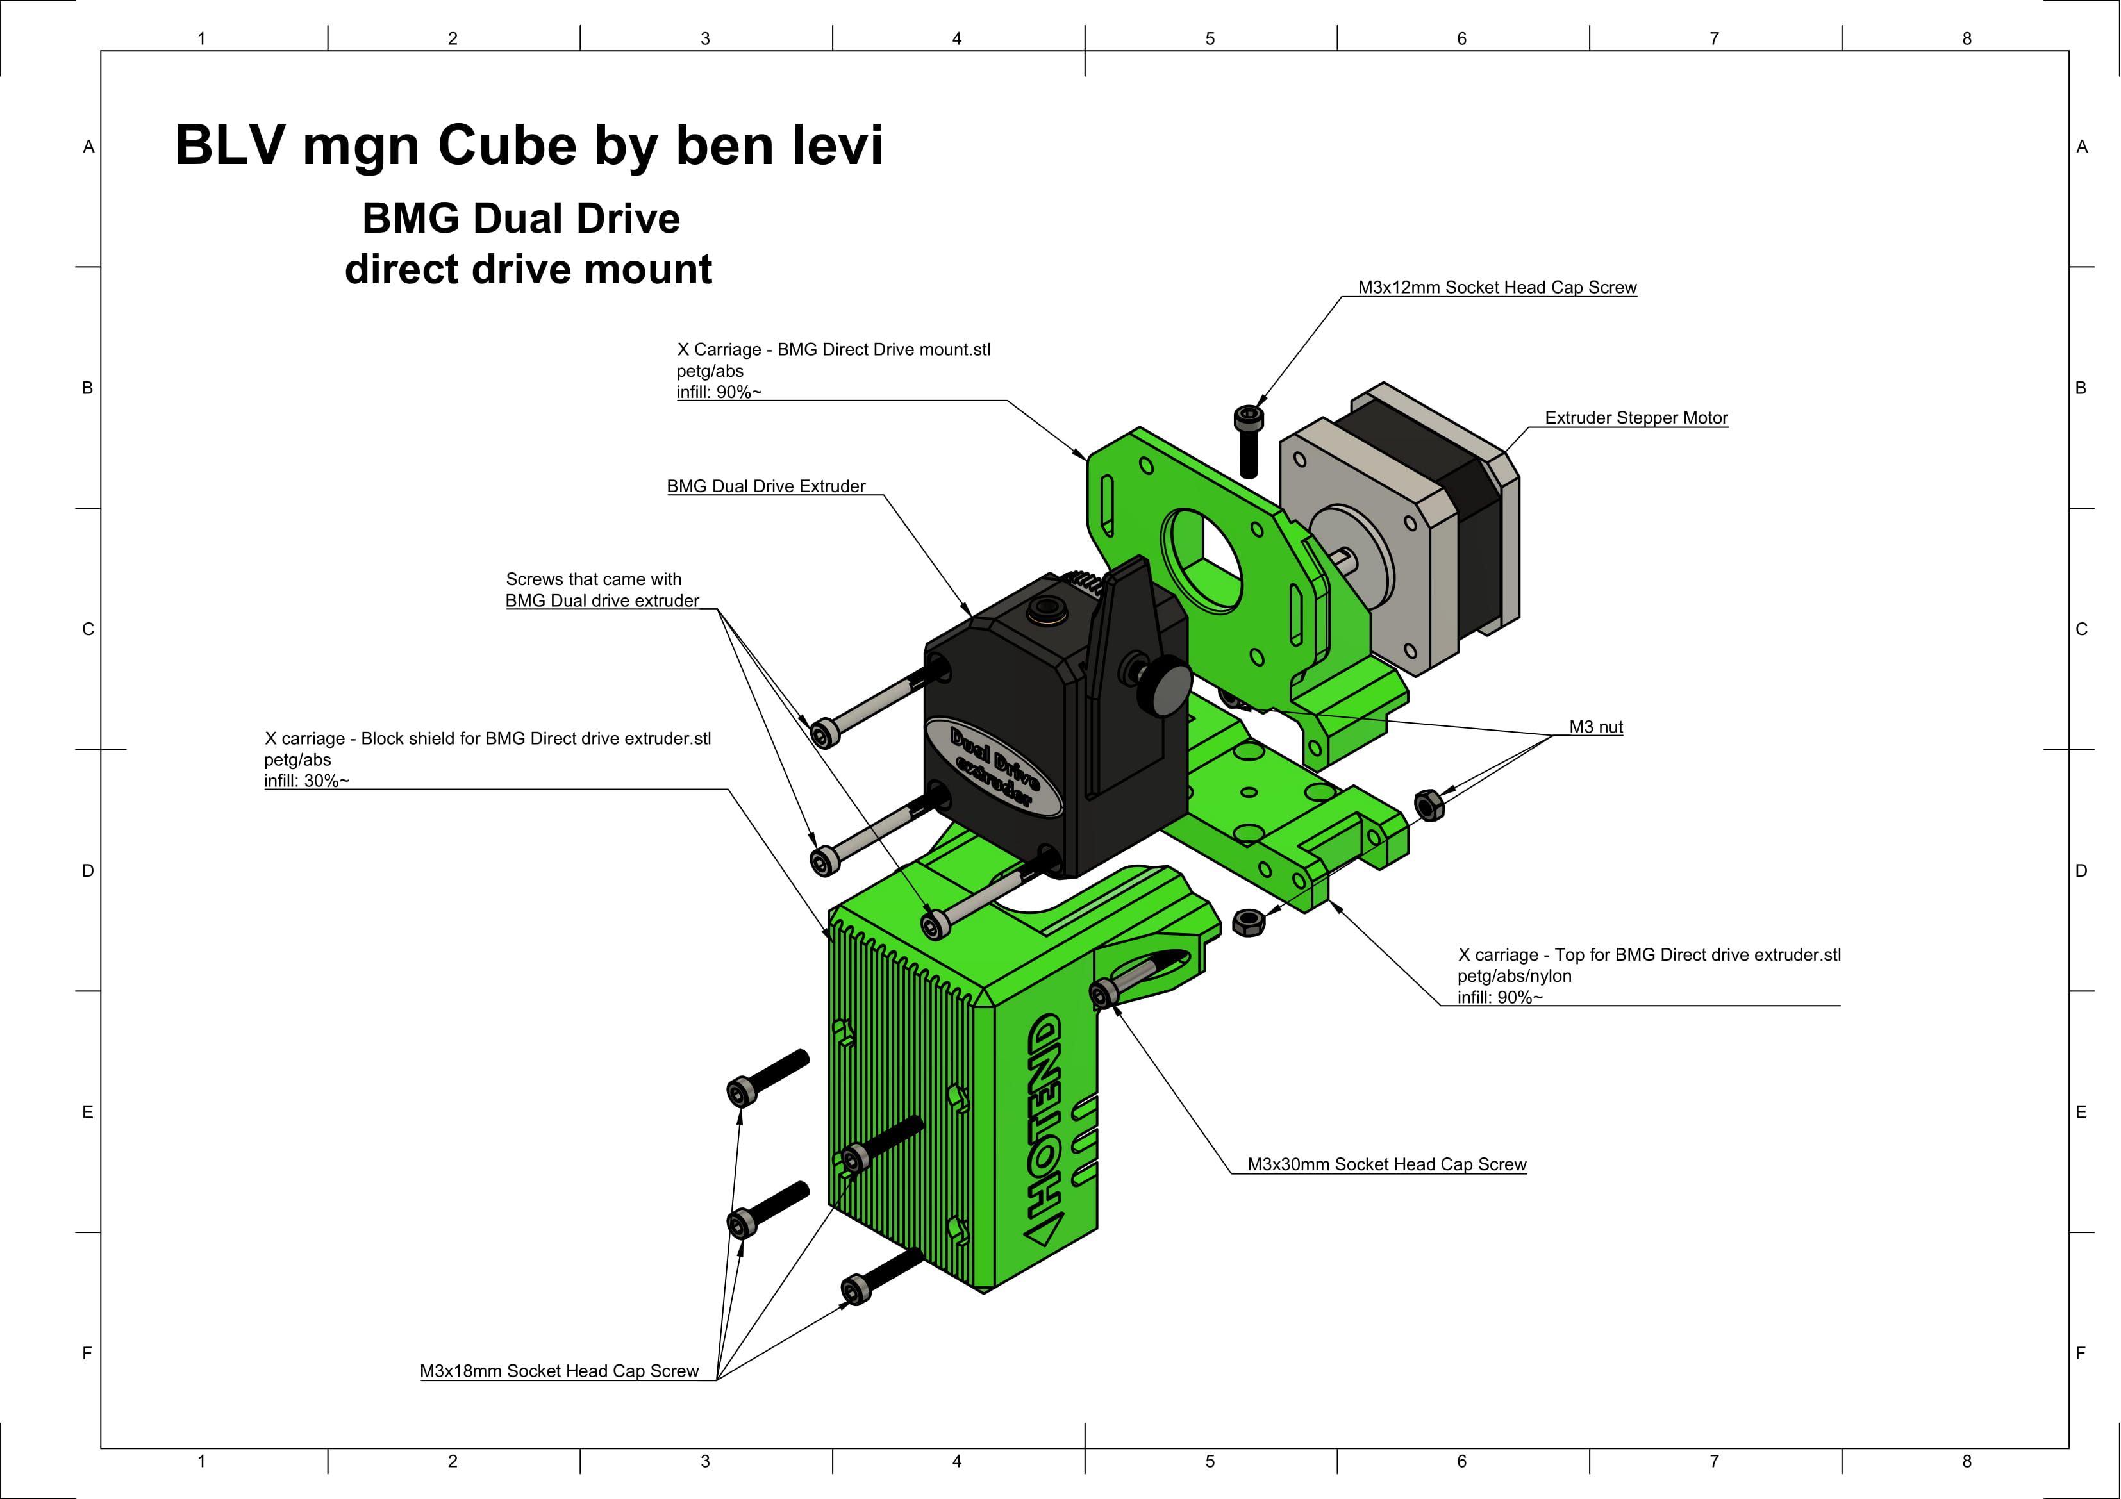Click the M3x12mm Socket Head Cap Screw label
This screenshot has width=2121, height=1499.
pyautogui.click(x=1497, y=287)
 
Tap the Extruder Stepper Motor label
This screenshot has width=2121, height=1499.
pyautogui.click(x=1635, y=417)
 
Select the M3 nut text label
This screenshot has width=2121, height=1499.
pyautogui.click(x=1595, y=727)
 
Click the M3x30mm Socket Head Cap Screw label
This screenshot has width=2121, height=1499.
pyautogui.click(x=1386, y=1164)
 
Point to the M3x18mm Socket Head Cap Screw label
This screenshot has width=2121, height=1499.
pyautogui.click(x=559, y=1371)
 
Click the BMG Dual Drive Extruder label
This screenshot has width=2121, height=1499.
pyautogui.click(x=766, y=486)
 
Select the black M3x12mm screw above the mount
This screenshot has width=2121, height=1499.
pyautogui.click(x=1248, y=442)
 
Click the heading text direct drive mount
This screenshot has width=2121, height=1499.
pyautogui.click(x=528, y=270)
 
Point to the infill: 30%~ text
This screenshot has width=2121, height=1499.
pyautogui.click(x=306, y=781)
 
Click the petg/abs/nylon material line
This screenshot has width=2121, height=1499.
pyautogui.click(x=1514, y=976)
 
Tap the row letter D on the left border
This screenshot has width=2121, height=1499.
pyautogui.click(x=88, y=871)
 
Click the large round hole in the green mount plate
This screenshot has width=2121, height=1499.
pyautogui.click(x=1201, y=559)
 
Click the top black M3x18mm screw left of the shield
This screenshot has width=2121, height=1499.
pyautogui.click(x=767, y=1075)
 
